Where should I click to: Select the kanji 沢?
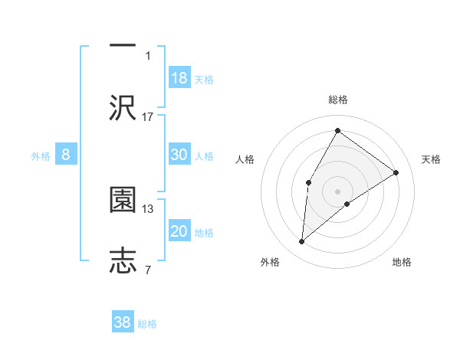tap(123, 106)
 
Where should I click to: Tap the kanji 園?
tap(123, 200)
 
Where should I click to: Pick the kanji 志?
tap(123, 260)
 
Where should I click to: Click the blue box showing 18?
tap(179, 78)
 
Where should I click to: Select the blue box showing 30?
tap(179, 155)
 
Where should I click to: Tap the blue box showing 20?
tap(179, 231)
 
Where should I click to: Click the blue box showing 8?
tap(66, 155)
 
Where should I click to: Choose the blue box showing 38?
tap(123, 322)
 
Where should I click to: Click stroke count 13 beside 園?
tap(148, 208)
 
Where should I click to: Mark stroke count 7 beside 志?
tap(148, 270)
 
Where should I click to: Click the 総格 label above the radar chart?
tap(337, 100)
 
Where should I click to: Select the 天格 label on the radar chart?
tap(431, 159)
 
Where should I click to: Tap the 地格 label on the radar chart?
tap(402, 262)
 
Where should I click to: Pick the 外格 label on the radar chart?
tap(270, 262)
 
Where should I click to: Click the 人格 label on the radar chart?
tap(245, 159)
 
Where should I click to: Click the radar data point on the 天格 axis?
tap(396, 172)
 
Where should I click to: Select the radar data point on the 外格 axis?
tap(302, 242)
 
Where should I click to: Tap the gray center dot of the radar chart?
tap(337, 191)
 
